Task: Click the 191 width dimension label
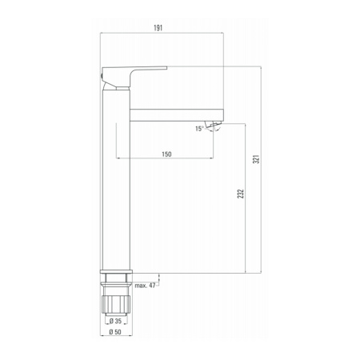158,28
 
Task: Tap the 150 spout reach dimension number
166,154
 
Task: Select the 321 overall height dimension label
256,159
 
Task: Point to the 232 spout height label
241,194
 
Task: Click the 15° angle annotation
199,129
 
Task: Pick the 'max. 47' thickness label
145,286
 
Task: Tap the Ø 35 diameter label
115,321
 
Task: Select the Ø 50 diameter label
115,332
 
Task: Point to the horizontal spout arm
176,115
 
